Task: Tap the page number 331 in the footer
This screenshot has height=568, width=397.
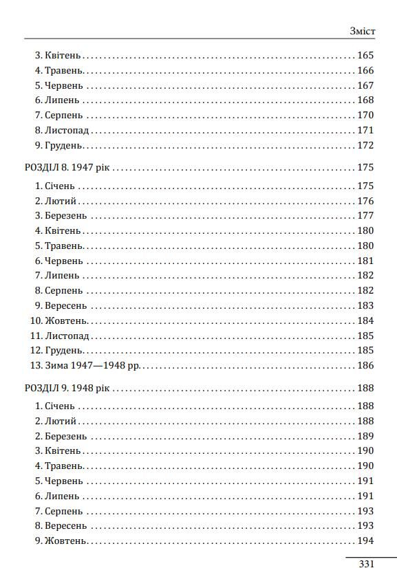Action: pos(366,563)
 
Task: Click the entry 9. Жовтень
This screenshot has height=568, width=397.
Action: pos(60,541)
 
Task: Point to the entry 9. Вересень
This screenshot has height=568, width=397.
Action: pos(61,306)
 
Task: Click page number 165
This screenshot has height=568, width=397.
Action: pos(365,56)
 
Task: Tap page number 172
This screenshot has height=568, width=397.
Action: pos(365,146)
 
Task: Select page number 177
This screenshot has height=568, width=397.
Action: pos(365,216)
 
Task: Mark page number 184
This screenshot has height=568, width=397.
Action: pos(365,321)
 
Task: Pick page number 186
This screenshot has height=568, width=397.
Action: pos(365,366)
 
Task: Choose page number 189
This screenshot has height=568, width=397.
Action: pos(365,436)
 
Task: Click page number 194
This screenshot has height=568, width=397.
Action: pos(365,541)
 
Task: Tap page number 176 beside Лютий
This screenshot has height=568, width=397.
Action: pos(365,201)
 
